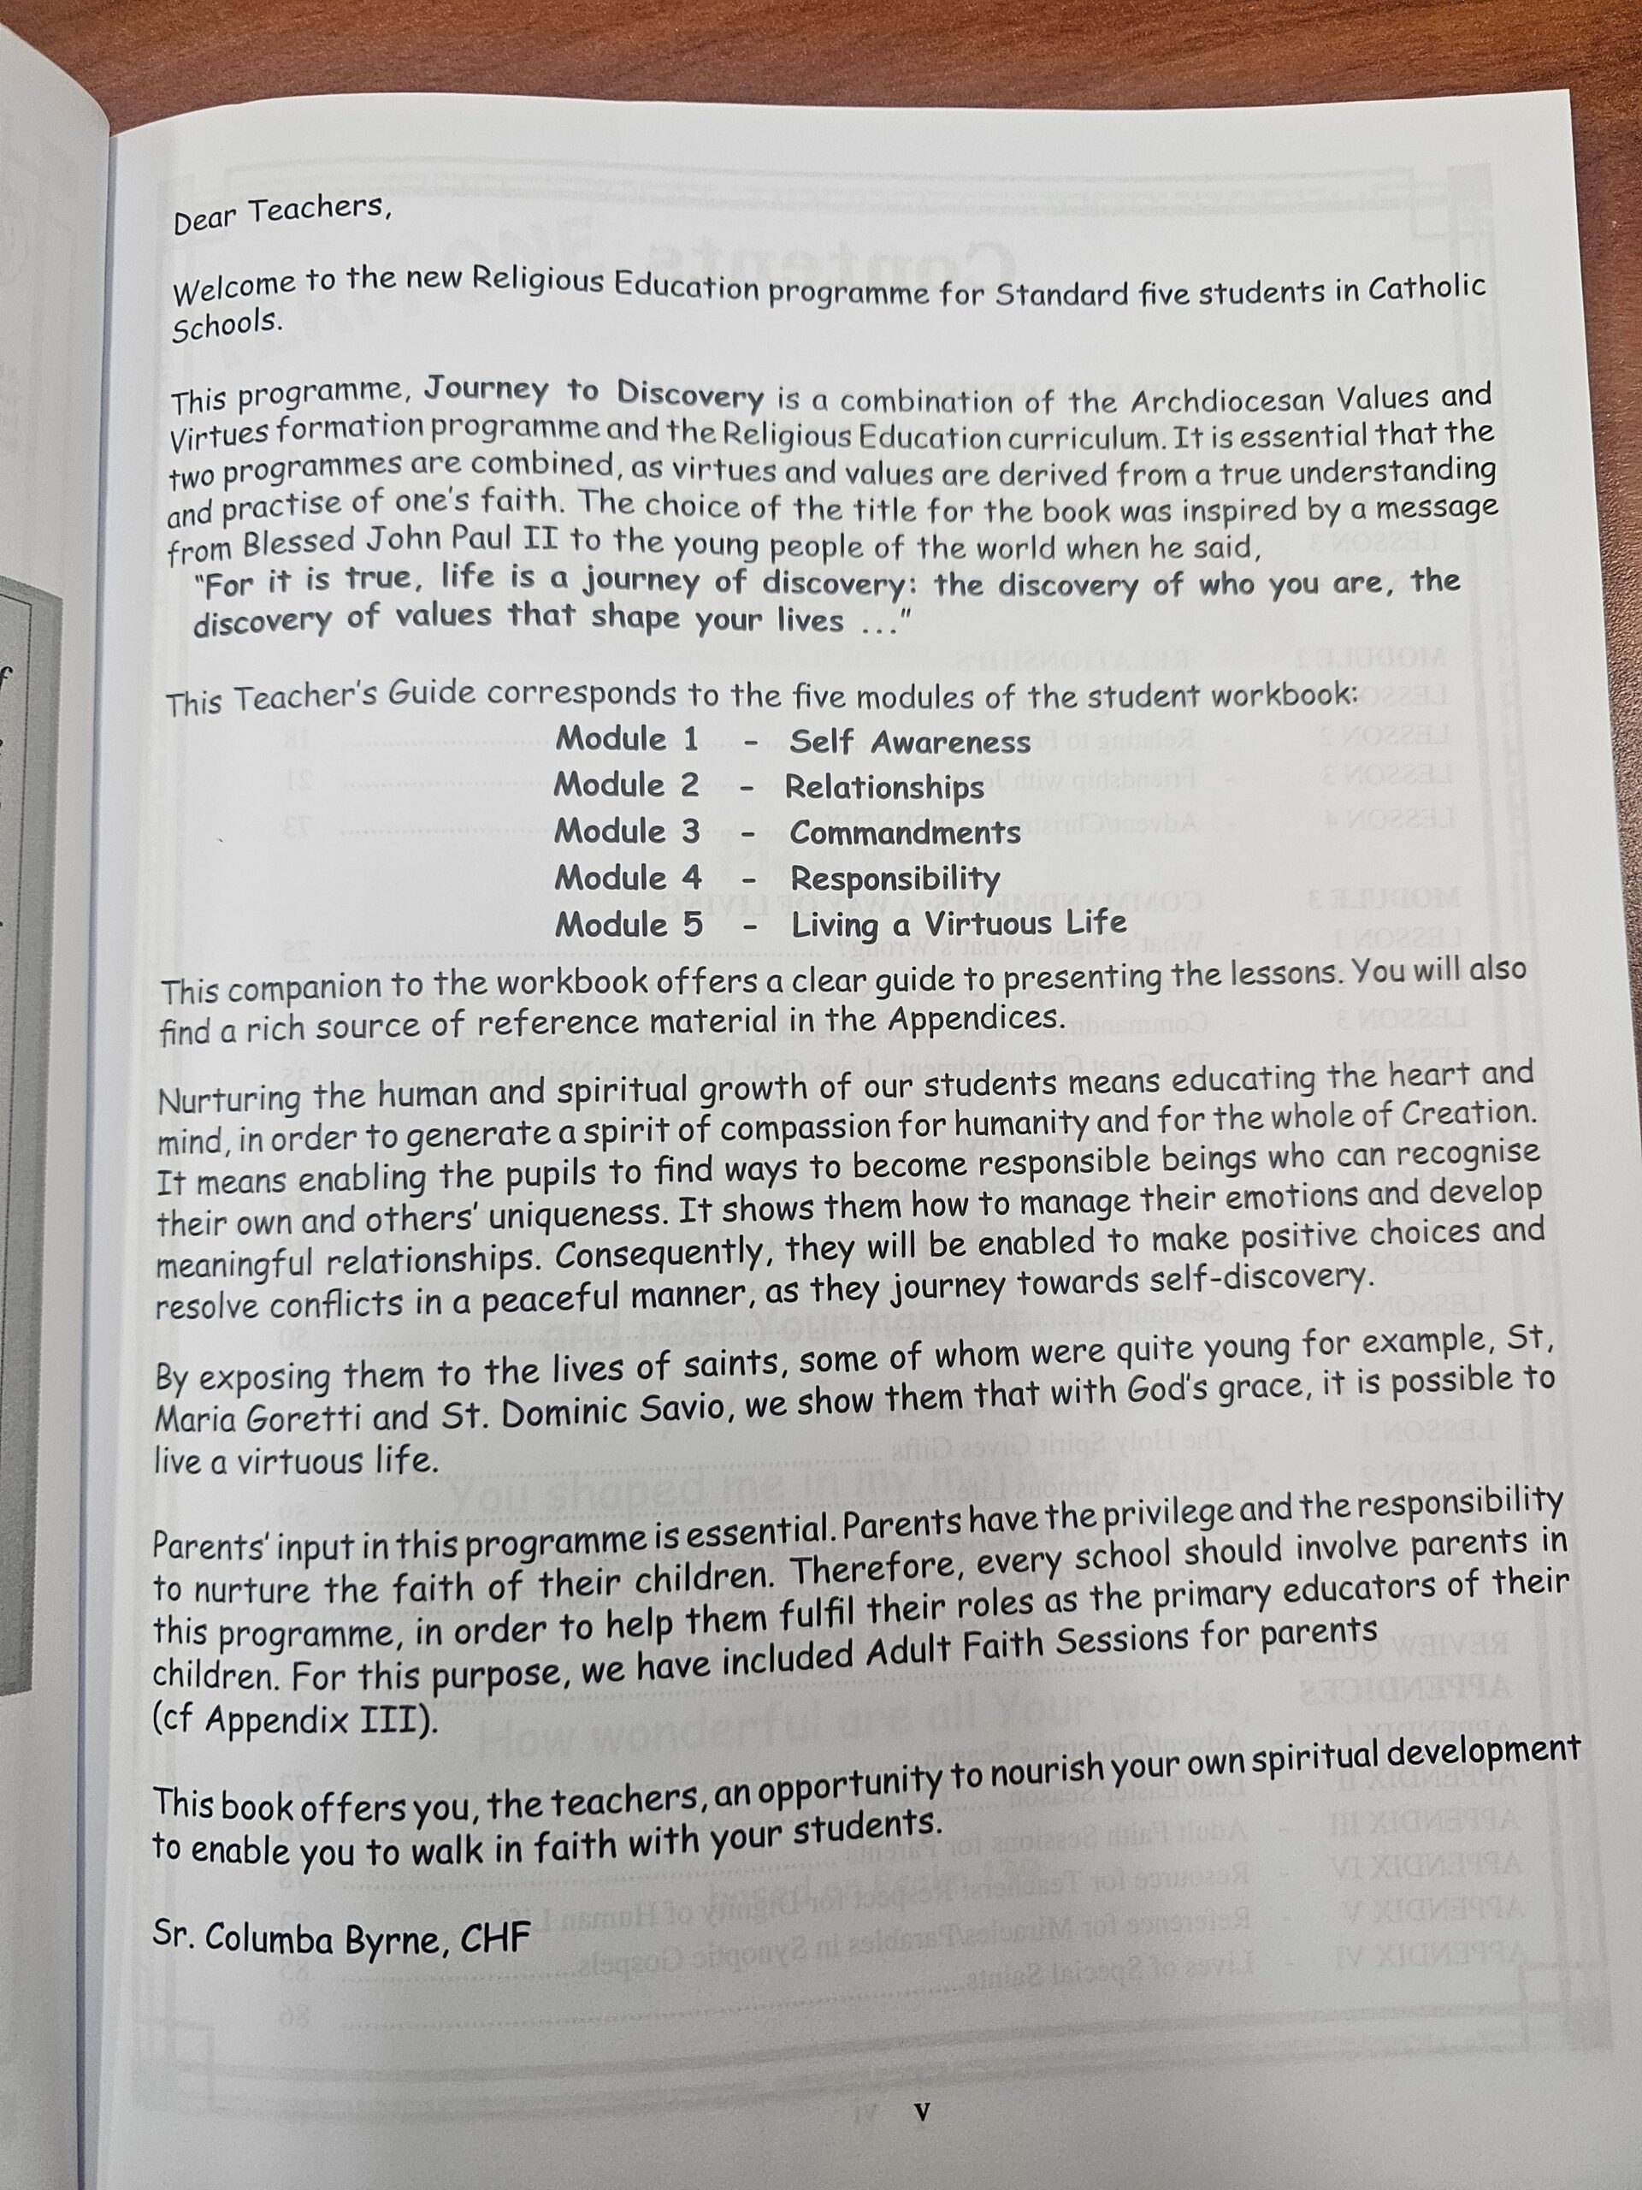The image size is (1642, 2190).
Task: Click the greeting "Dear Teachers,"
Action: (276, 214)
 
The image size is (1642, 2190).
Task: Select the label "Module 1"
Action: (627, 738)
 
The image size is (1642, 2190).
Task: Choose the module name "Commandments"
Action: (905, 832)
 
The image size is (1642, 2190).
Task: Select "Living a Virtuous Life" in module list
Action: (958, 925)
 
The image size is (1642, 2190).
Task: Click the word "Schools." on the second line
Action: (227, 326)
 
